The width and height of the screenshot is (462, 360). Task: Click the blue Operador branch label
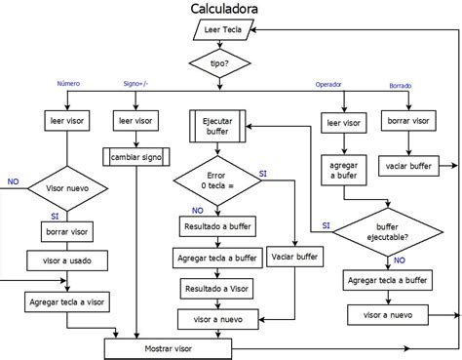(328, 85)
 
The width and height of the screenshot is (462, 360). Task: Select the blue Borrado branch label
(401, 86)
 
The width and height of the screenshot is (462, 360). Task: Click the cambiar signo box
(137, 155)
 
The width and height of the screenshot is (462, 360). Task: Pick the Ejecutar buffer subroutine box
(217, 126)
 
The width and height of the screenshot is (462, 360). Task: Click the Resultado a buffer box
(217, 226)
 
